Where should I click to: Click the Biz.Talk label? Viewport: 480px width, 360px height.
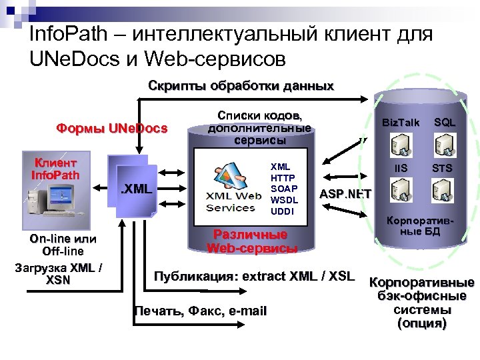tap(400, 122)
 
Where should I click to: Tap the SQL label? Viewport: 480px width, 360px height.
tap(445, 122)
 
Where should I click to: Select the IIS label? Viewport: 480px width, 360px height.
tap(400, 168)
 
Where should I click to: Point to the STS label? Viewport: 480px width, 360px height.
tap(442, 168)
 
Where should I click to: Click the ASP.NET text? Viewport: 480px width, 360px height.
tap(346, 194)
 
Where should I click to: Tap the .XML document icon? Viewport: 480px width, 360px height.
tap(136, 191)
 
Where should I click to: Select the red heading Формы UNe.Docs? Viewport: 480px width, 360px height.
tap(112, 128)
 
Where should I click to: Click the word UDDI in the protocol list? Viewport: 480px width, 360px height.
tap(281, 211)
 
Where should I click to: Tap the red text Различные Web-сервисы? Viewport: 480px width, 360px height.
tap(251, 241)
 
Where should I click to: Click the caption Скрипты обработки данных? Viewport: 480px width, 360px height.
tap(241, 87)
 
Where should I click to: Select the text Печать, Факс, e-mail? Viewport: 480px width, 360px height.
tap(200, 311)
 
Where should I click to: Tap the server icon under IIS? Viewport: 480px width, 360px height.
tap(400, 189)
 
